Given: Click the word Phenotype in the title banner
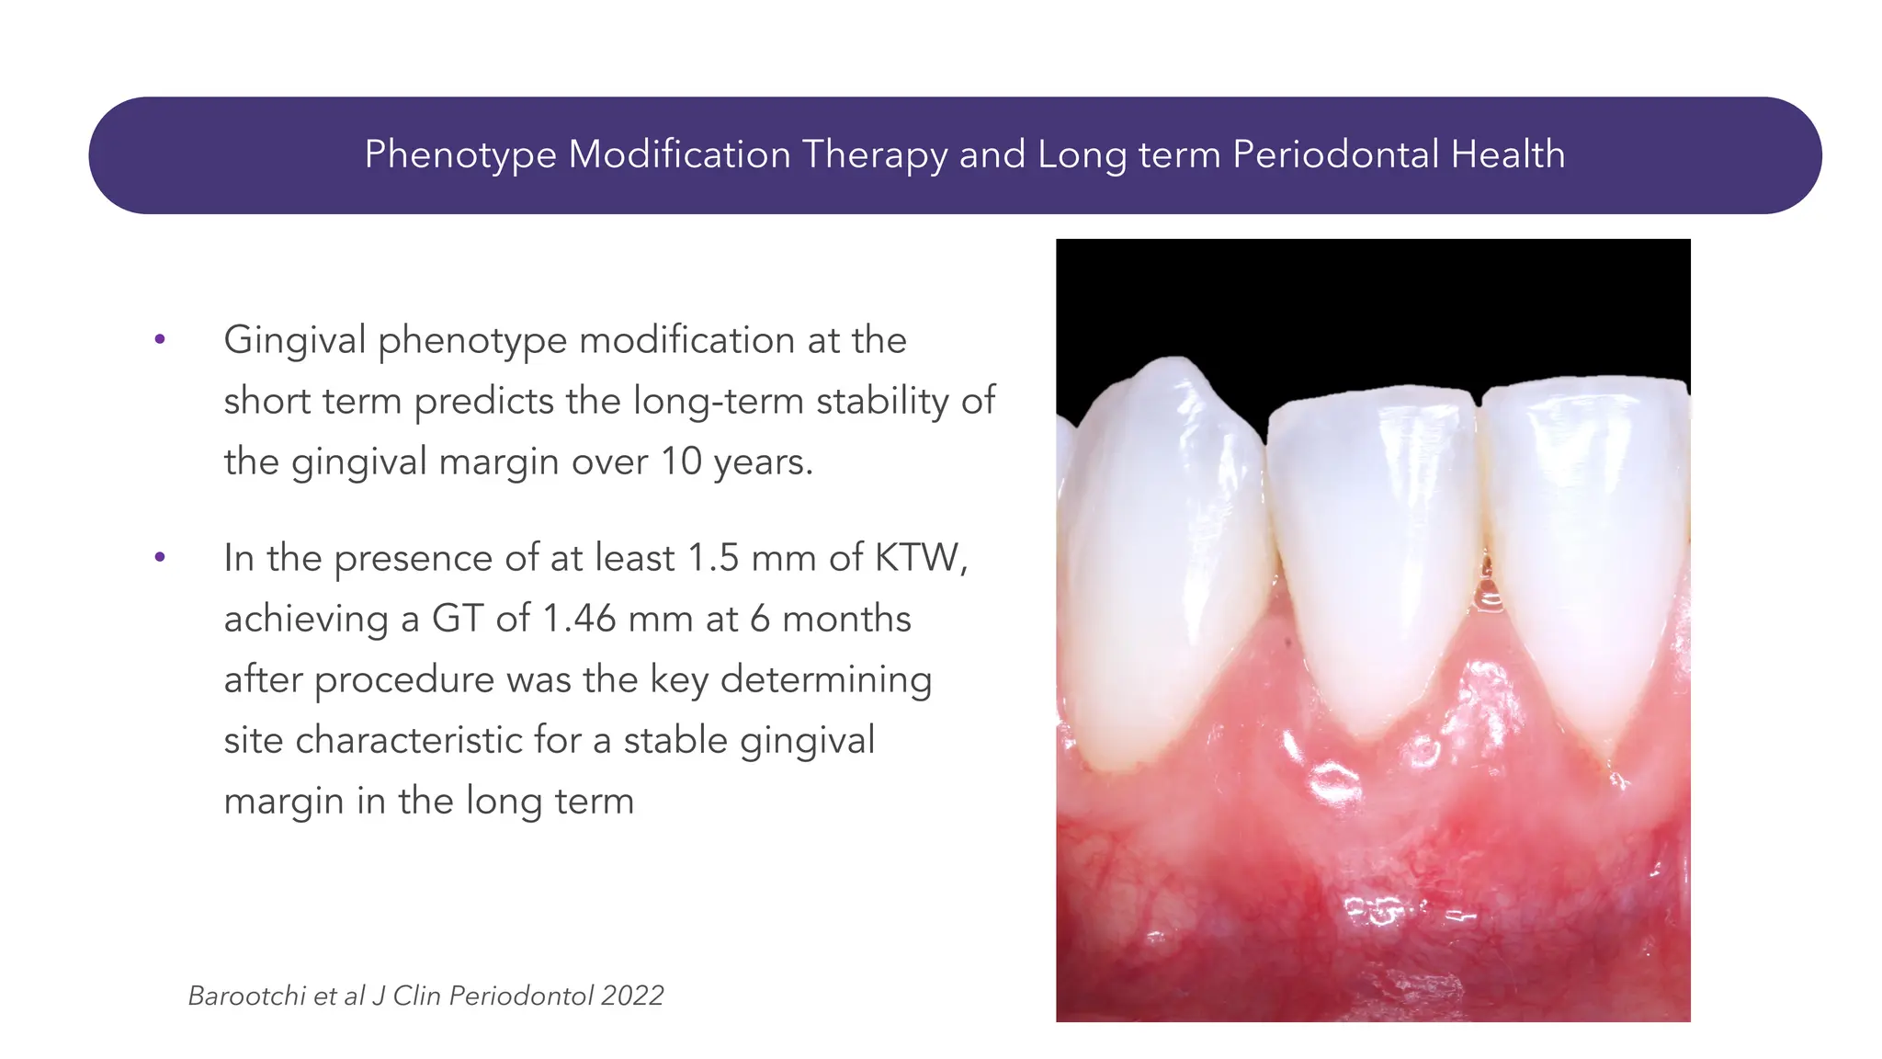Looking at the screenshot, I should click(460, 154).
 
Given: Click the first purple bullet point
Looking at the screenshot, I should click(160, 339).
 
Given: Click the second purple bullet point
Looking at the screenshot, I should click(160, 557).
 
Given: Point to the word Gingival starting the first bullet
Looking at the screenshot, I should click(294, 340).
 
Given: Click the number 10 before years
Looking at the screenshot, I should click(681, 461).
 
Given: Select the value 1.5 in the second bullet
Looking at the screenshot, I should click(713, 558).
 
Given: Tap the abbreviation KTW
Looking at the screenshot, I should click(918, 558).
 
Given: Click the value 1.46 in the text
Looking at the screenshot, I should click(579, 619).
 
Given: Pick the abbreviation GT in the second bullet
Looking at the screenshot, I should click(458, 619).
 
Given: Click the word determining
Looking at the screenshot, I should click(826, 680).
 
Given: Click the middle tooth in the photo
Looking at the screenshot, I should click(1374, 552).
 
